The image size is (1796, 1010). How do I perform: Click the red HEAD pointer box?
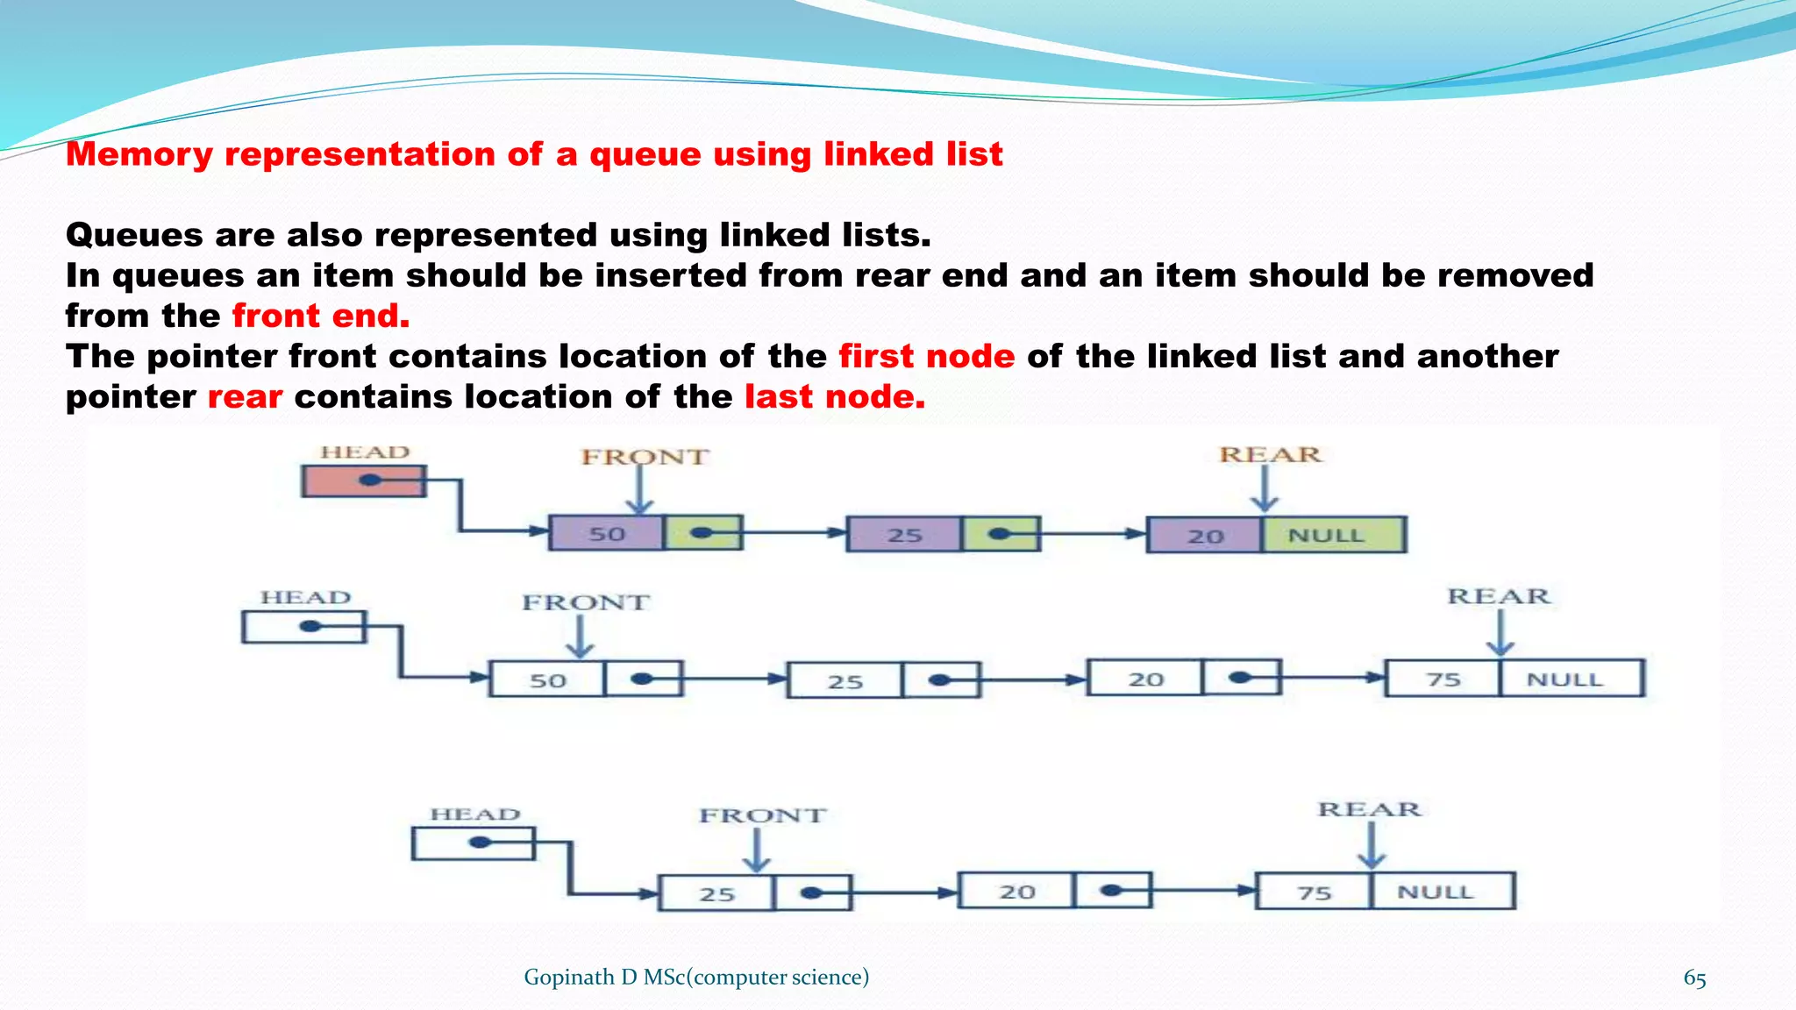coord(363,480)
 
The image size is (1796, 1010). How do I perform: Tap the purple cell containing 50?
coord(606,533)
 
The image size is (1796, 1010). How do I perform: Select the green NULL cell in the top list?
coord(1333,535)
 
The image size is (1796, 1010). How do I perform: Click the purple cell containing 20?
coord(1205,535)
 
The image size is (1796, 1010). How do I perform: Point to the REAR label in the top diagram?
coord(1270,455)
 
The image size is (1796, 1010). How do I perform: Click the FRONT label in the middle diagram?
coord(586,602)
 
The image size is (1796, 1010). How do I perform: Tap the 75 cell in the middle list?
coord(1443,679)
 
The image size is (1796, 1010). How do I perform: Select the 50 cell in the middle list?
coord(547,680)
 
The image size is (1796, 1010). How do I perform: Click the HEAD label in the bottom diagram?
coord(474,814)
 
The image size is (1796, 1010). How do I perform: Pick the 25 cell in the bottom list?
coord(716,893)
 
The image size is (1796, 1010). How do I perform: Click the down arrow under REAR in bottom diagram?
coord(1372,847)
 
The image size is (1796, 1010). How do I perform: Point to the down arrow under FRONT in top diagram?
coord(640,491)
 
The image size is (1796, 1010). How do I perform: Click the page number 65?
coord(1694,978)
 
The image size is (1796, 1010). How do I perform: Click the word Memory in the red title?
coord(139,154)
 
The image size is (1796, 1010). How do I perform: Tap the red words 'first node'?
coord(926,356)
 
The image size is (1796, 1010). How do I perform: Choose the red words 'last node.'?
coord(834,396)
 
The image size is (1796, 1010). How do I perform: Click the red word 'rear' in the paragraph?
coord(245,397)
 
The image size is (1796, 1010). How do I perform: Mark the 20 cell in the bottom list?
coord(1016,892)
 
